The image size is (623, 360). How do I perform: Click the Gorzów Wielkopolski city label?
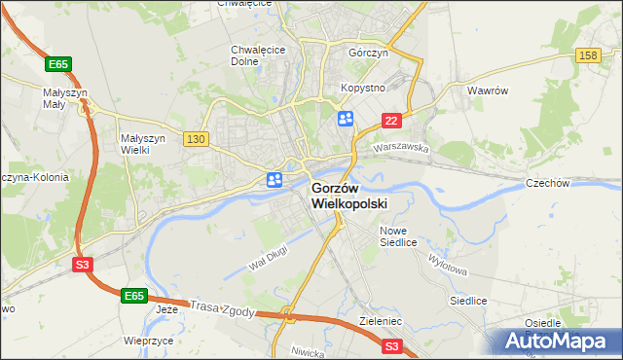(349, 196)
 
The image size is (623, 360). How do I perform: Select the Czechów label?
(572, 182)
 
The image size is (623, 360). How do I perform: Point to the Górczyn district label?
(368, 54)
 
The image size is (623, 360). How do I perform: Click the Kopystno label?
(363, 88)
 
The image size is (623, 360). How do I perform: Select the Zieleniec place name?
(380, 318)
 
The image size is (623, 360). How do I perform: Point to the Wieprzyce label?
(148, 342)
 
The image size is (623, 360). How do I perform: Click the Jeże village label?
(167, 309)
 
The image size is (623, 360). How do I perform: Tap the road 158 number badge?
(586, 56)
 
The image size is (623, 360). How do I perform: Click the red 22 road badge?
(391, 120)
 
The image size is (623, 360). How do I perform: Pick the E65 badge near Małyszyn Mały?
(58, 64)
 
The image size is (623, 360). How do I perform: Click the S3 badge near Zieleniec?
(392, 345)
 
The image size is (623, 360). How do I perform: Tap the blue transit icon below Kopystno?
(345, 119)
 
